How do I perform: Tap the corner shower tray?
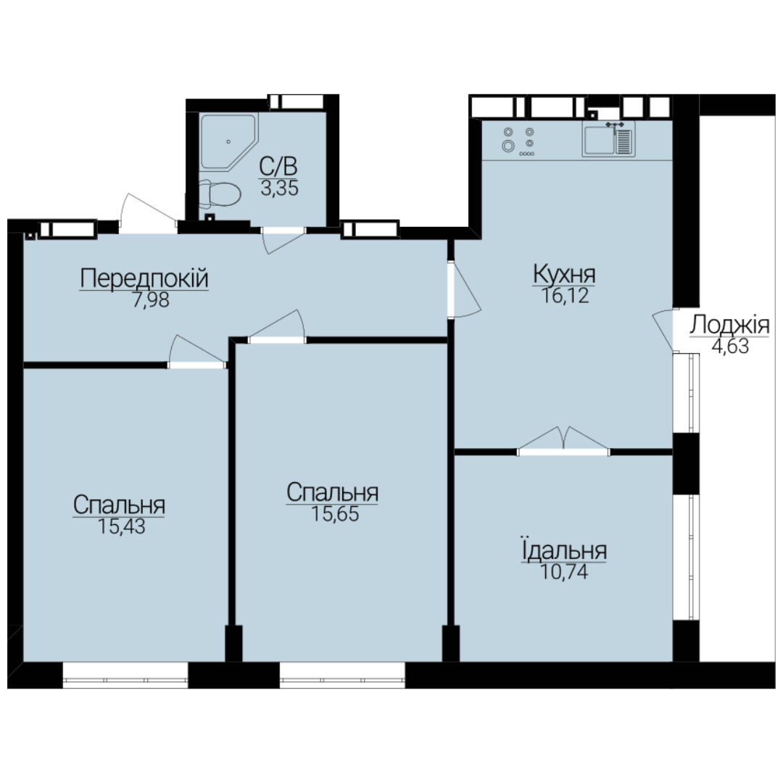click(x=228, y=141)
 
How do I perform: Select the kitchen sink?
click(x=609, y=139)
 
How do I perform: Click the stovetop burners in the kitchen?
click(x=519, y=141)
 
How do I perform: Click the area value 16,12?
click(x=565, y=296)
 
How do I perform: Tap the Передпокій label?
click(x=144, y=278)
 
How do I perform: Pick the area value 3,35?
click(x=280, y=188)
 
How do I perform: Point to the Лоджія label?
click(x=729, y=325)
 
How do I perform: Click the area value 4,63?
click(x=730, y=347)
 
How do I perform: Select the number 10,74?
click(x=564, y=572)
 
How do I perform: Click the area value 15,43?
click(x=121, y=526)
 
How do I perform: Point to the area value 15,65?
click(x=335, y=514)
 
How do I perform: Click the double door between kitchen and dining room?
click(x=563, y=442)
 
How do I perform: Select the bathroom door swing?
click(x=283, y=240)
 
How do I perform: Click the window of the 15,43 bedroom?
click(x=125, y=675)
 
